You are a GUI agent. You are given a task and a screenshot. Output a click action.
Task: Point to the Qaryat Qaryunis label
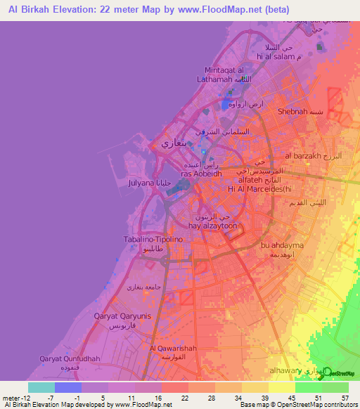point(122,316)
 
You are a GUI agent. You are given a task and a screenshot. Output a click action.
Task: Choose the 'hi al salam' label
point(276,56)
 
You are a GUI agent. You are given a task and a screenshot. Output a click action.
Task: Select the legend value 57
point(345,398)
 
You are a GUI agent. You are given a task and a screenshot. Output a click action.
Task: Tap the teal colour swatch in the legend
point(41,387)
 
